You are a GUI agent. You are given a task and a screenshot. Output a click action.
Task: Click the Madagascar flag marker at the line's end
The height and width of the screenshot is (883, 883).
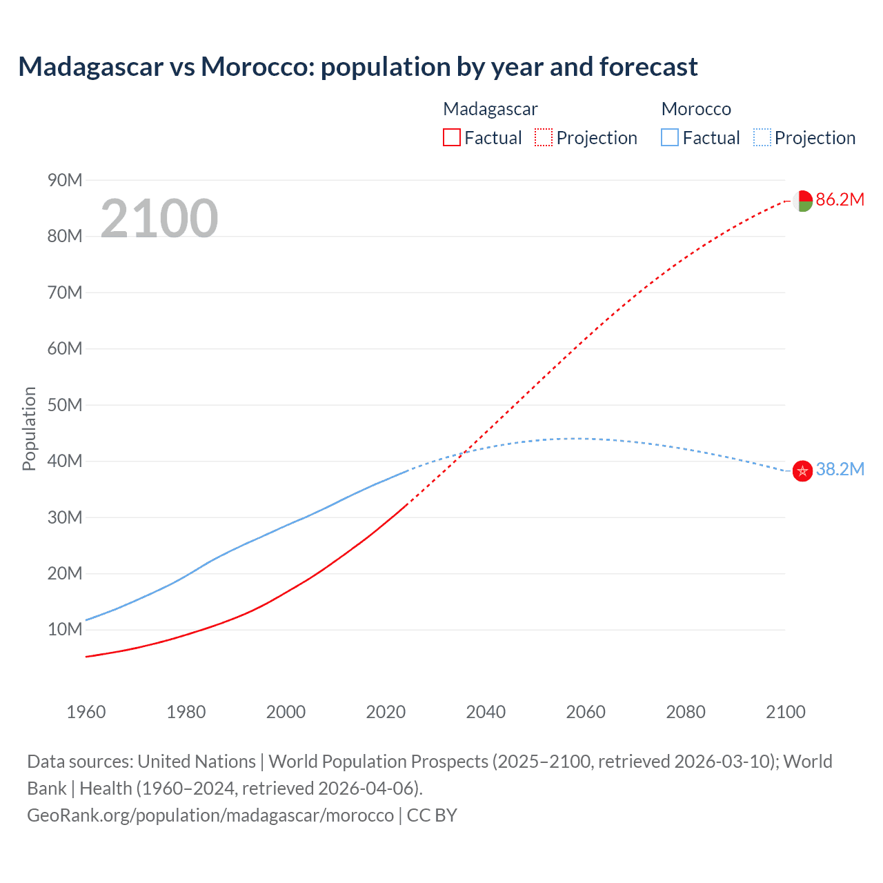pos(802,201)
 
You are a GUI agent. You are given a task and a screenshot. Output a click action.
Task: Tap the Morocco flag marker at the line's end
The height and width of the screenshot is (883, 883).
pos(802,471)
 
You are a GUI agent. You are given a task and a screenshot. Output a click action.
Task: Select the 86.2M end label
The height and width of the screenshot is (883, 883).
pos(840,200)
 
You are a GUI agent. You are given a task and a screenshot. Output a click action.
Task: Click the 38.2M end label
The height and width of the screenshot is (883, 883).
pos(840,470)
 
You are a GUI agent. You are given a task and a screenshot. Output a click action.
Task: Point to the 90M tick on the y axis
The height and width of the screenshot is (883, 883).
pos(65,181)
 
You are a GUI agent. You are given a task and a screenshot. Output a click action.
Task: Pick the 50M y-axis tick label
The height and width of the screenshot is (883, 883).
pos(65,405)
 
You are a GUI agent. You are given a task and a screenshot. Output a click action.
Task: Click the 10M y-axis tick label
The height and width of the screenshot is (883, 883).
pos(65,630)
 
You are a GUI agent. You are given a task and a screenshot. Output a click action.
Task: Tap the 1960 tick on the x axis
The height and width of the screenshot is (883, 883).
pos(86,712)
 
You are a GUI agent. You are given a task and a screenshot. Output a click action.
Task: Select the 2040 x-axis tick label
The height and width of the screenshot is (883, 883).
pos(486,712)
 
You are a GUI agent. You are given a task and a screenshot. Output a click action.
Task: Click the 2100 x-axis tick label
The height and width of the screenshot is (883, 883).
pos(785,712)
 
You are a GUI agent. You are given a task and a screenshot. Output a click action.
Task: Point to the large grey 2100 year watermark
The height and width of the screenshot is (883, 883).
pos(159,219)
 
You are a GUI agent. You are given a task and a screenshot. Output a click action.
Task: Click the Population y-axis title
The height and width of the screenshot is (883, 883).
pos(29,428)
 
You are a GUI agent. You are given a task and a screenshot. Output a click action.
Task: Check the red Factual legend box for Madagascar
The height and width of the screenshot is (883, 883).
pos(451,137)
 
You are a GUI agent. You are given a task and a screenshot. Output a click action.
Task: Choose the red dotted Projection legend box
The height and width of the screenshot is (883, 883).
pos(544,137)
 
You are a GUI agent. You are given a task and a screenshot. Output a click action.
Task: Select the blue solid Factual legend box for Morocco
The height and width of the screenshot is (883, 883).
pos(670,137)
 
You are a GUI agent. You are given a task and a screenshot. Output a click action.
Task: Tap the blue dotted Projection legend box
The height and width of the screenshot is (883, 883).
pos(762,137)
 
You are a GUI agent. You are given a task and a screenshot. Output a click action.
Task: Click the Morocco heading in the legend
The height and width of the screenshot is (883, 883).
pos(696,109)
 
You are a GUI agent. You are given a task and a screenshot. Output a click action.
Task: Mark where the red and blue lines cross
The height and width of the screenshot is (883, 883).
pos(466,452)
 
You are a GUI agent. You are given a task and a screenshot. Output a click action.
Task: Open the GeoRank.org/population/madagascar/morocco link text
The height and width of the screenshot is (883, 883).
pos(210,815)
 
